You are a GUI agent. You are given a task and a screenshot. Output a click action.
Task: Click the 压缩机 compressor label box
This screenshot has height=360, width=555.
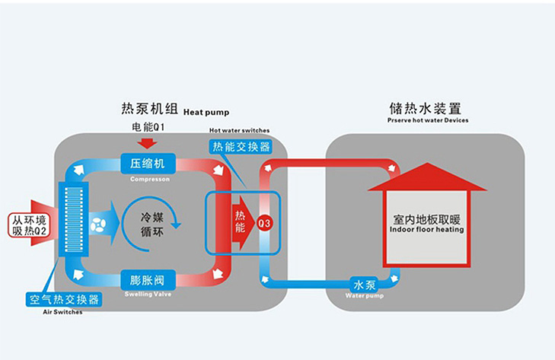pos(148,164)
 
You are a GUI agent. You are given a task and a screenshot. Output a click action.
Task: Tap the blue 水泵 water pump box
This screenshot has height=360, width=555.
pos(364,285)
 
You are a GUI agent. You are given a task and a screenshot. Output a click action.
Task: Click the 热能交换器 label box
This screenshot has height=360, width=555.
pos(239,146)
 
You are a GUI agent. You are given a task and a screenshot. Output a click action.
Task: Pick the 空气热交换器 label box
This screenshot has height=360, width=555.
pos(64,299)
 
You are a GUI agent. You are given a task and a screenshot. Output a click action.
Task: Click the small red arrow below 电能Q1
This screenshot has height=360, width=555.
pos(148,142)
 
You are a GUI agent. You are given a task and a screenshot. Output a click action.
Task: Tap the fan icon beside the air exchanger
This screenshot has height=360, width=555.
pos(97,224)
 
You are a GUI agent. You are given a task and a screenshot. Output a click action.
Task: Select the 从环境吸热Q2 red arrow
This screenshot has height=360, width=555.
pos(30,225)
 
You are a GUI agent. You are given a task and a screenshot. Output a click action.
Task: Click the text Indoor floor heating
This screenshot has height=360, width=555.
pos(426,229)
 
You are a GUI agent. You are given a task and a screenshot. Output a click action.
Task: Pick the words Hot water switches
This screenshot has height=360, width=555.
pos(239,130)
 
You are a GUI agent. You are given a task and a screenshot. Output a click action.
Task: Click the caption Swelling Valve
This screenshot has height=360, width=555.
pos(148,293)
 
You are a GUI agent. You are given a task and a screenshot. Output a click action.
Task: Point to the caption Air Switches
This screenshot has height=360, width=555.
pos(64,312)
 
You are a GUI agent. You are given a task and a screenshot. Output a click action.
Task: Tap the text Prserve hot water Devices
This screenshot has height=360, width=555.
pos(427,120)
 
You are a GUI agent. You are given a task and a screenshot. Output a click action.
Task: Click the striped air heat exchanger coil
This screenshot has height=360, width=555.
pos(73,221)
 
